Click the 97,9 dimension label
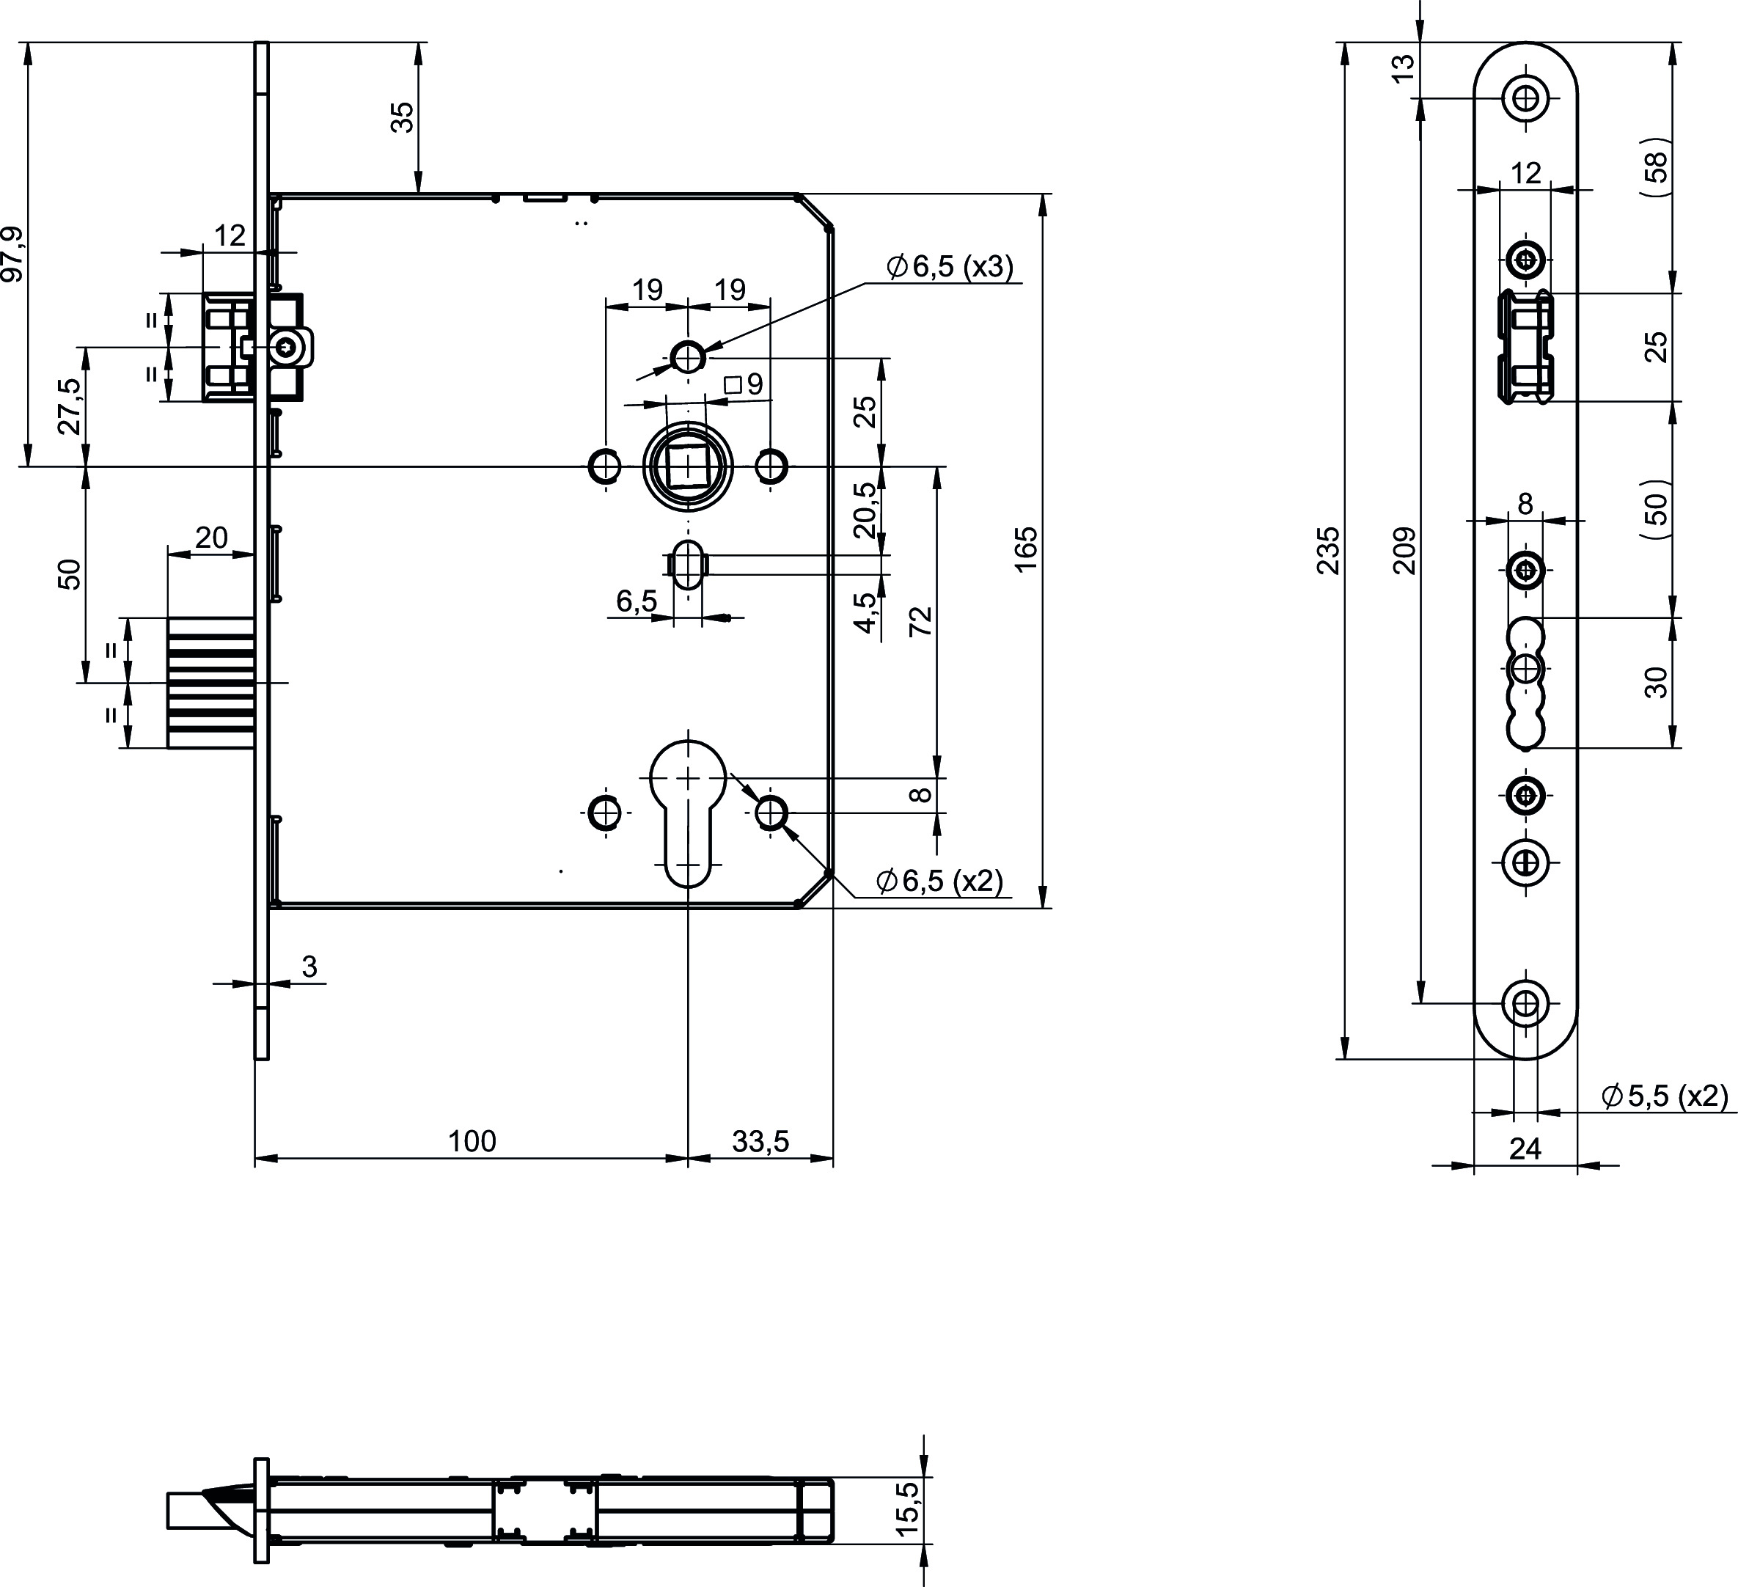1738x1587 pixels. pos(12,254)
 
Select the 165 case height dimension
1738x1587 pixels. pos(1026,549)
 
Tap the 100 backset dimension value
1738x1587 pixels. pos(472,1141)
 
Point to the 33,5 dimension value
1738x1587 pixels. pos(760,1141)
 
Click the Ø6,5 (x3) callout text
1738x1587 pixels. pos(950,266)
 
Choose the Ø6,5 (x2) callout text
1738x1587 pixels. pos(939,880)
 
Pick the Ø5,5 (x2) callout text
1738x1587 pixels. pos(1665,1096)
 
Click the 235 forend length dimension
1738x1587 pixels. pos(1329,550)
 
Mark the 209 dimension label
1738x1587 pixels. pos(1404,550)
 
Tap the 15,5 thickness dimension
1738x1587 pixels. pos(908,1508)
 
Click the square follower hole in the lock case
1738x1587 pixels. pos(687,466)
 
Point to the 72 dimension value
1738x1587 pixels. pos(922,620)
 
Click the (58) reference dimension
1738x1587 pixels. pos(1656,168)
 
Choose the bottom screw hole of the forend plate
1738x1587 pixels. pos(1525,1003)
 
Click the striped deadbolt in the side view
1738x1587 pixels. pos(211,683)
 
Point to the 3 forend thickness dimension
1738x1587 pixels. pos(309,967)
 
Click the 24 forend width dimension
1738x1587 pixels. pos(1525,1149)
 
